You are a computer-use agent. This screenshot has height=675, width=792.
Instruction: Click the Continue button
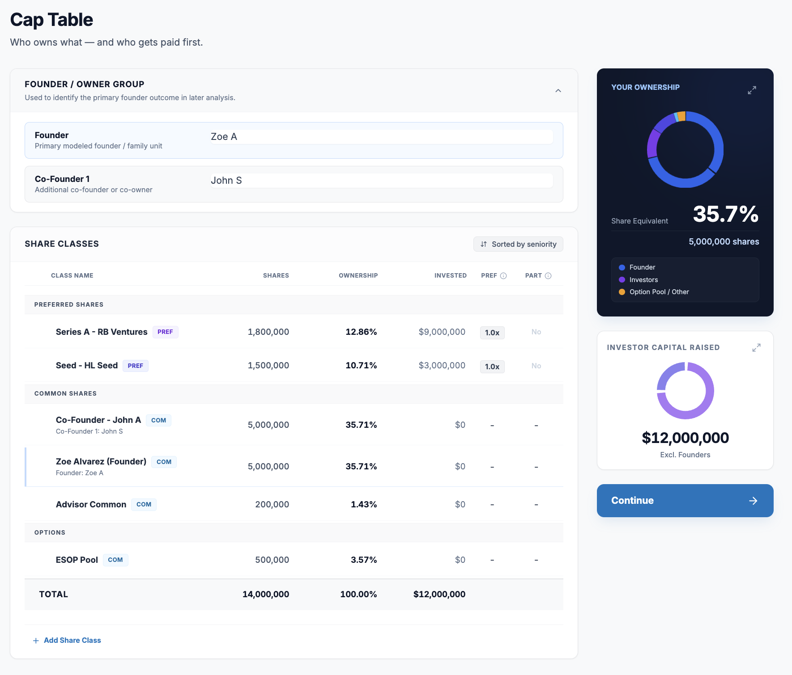685,501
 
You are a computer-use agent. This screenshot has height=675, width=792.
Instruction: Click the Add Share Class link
67,640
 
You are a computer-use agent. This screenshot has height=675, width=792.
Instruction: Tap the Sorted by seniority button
518,244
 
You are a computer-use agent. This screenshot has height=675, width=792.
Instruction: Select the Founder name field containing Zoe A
382,137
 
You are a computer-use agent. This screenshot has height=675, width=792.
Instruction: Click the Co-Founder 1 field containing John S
382,181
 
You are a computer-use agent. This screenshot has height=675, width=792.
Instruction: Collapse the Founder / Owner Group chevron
558,91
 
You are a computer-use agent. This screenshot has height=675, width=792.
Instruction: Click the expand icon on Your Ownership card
752,90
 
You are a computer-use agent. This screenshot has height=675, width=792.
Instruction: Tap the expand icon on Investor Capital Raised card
756,347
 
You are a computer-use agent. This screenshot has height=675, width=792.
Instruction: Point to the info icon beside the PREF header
503,276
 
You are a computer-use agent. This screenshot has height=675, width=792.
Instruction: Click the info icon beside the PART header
548,276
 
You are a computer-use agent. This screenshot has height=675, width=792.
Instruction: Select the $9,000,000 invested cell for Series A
442,332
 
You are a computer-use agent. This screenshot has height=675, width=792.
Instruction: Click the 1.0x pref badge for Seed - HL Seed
492,367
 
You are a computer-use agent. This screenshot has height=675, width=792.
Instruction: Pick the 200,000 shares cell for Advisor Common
272,504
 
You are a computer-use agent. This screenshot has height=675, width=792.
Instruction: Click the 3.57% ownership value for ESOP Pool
364,560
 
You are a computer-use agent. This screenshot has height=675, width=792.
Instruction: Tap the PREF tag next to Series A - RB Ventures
165,332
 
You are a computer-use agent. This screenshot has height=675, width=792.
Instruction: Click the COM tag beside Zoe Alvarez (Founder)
164,462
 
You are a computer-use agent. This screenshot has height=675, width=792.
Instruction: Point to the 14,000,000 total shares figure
266,594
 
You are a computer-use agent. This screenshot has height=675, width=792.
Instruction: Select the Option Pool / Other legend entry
654,292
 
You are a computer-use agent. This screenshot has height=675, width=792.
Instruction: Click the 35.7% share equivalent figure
725,214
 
